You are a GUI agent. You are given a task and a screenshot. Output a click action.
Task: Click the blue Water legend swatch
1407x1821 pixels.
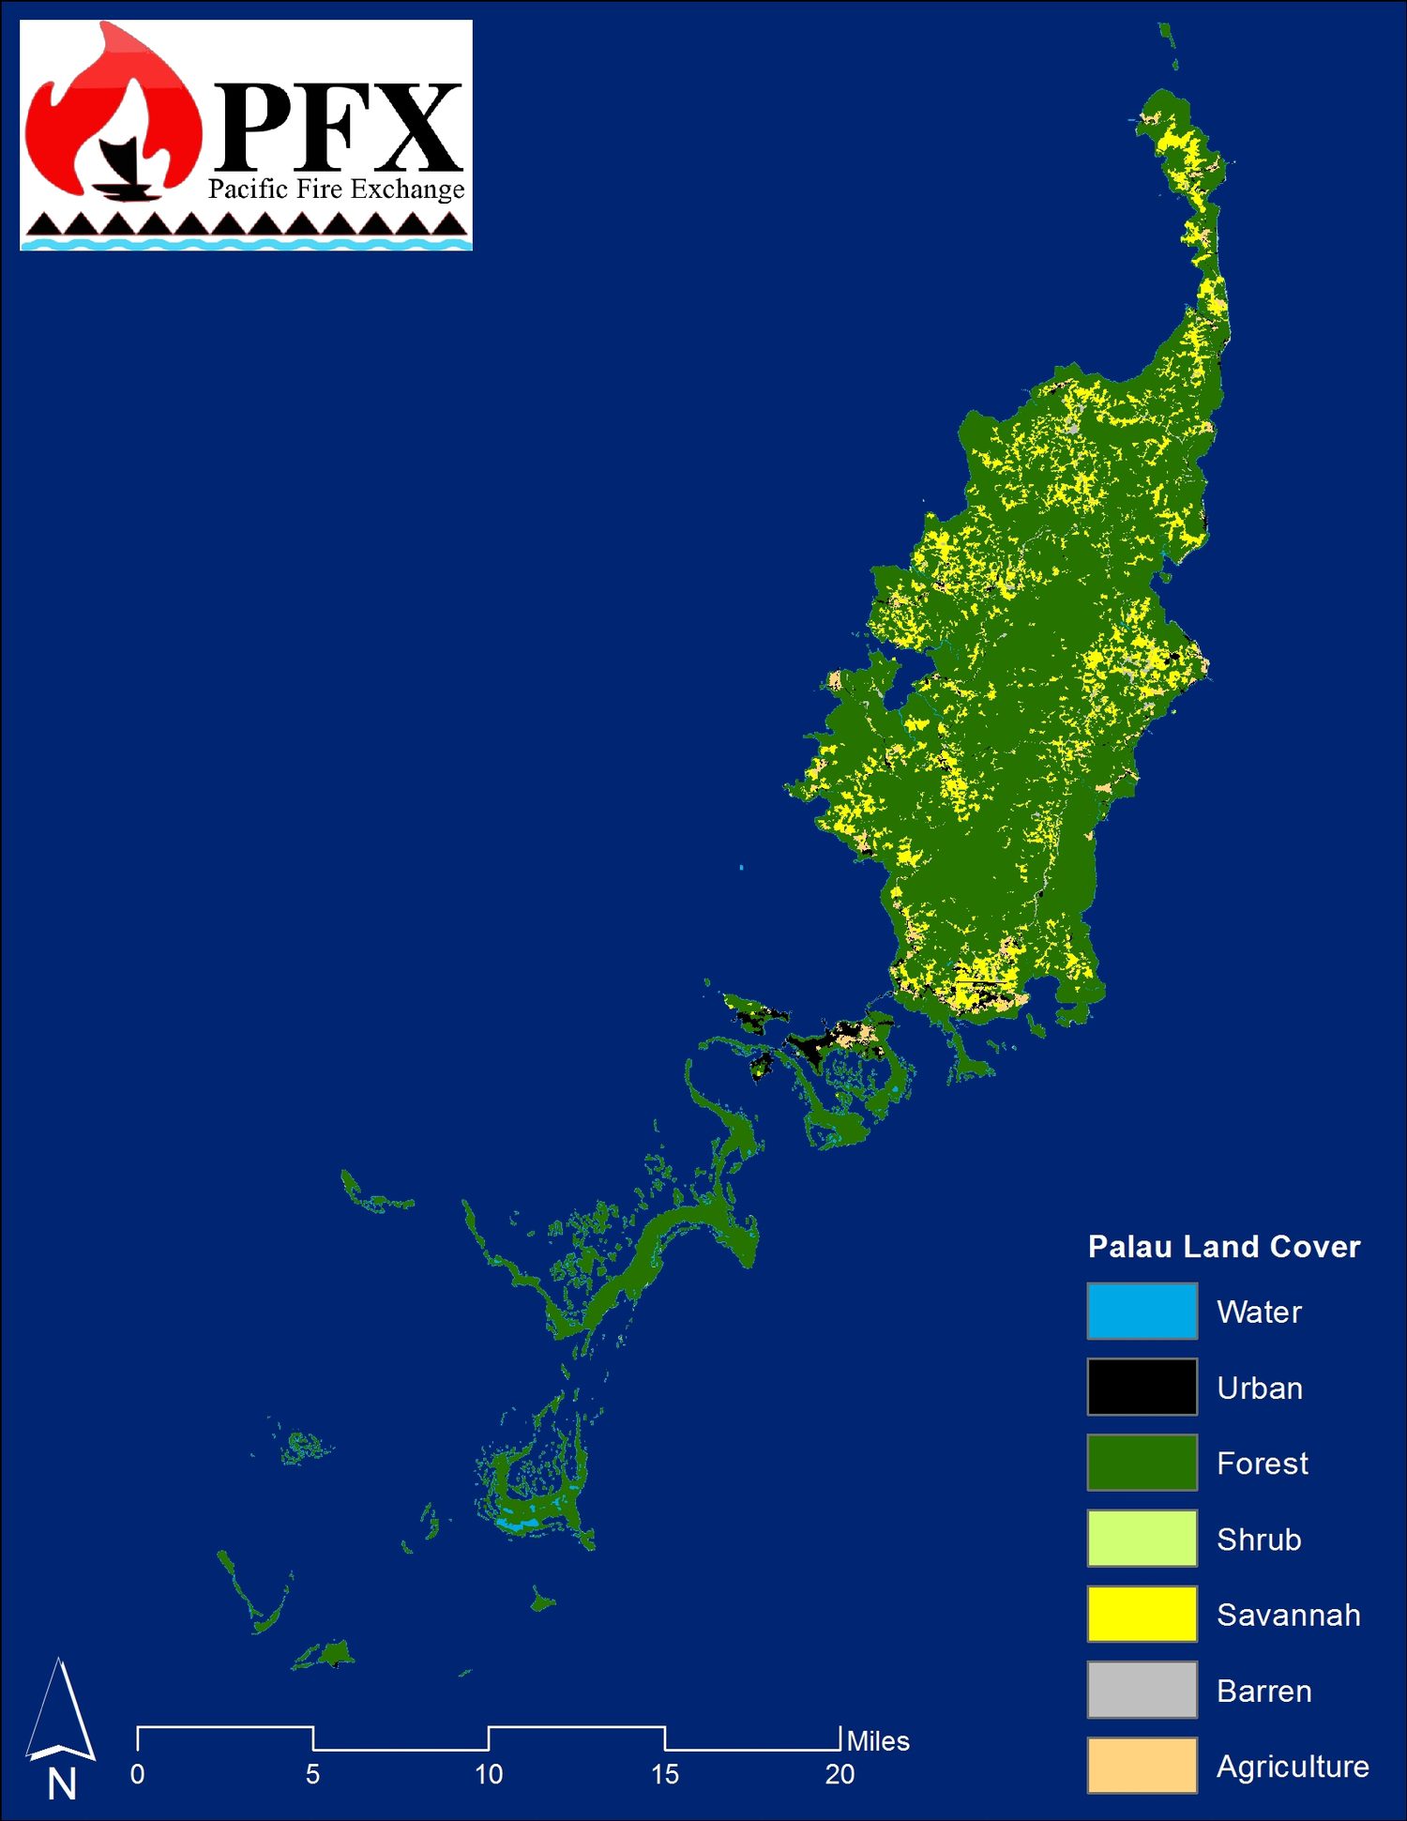[1142, 1310]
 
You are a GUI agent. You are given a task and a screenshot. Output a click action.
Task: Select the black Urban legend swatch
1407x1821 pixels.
[1142, 1386]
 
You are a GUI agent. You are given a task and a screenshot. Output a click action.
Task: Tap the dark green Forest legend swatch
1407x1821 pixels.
[1142, 1462]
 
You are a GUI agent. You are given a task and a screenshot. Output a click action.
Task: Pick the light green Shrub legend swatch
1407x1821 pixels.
[1142, 1538]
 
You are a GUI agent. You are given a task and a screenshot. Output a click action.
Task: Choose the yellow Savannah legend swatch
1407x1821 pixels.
[1142, 1614]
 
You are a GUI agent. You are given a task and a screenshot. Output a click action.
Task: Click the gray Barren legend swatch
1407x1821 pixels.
[1142, 1690]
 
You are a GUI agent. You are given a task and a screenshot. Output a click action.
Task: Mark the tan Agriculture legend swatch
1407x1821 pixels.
[1142, 1765]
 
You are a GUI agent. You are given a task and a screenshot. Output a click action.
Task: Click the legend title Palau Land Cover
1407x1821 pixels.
[1223, 1246]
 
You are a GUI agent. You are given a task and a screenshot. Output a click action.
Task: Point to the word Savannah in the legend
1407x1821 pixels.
[1288, 1615]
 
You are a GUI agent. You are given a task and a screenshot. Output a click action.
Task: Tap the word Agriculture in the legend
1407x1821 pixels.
[1293, 1767]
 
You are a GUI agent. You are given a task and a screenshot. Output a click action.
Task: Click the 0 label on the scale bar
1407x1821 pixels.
[137, 1774]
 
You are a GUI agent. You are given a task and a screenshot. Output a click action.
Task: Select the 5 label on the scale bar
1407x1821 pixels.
[312, 1774]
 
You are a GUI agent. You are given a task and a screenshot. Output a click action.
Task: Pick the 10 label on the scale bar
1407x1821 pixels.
[489, 1774]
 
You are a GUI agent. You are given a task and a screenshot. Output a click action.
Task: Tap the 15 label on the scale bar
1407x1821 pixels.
[664, 1774]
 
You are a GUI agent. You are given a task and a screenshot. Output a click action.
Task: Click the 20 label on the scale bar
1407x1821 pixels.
[840, 1774]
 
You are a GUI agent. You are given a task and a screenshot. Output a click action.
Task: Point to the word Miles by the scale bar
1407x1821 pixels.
[878, 1741]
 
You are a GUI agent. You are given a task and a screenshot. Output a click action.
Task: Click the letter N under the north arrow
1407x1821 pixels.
[62, 1783]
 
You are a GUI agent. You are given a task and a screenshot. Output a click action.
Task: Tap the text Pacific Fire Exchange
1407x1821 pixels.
[336, 190]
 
